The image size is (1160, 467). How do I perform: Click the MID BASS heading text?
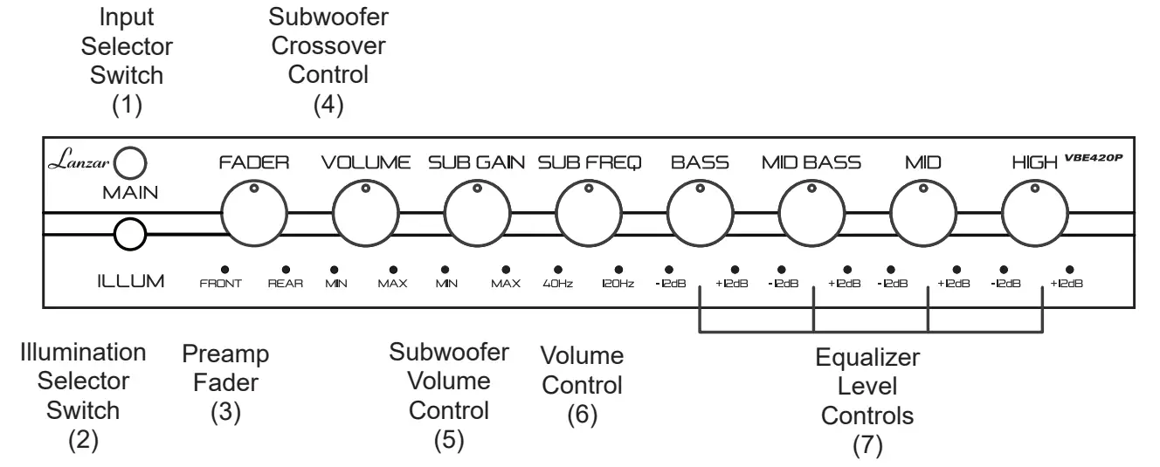pos(811,162)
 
